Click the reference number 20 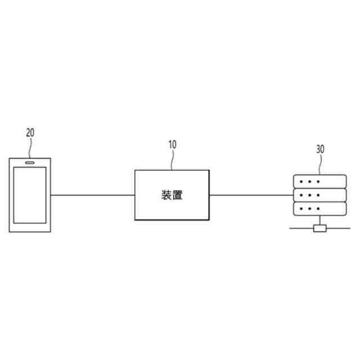click(x=30, y=133)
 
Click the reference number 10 click(x=172, y=144)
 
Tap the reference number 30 click(x=320, y=150)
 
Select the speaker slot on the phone click(x=30, y=162)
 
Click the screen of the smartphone click(x=30, y=195)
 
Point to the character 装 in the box click(x=166, y=196)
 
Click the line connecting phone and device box click(x=93, y=195)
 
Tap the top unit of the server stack click(x=319, y=182)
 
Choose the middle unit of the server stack click(x=319, y=195)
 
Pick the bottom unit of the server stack click(x=319, y=209)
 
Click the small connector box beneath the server click(x=319, y=228)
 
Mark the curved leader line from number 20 click(x=31, y=147)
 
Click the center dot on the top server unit click(x=310, y=182)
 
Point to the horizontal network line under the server click(x=298, y=228)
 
